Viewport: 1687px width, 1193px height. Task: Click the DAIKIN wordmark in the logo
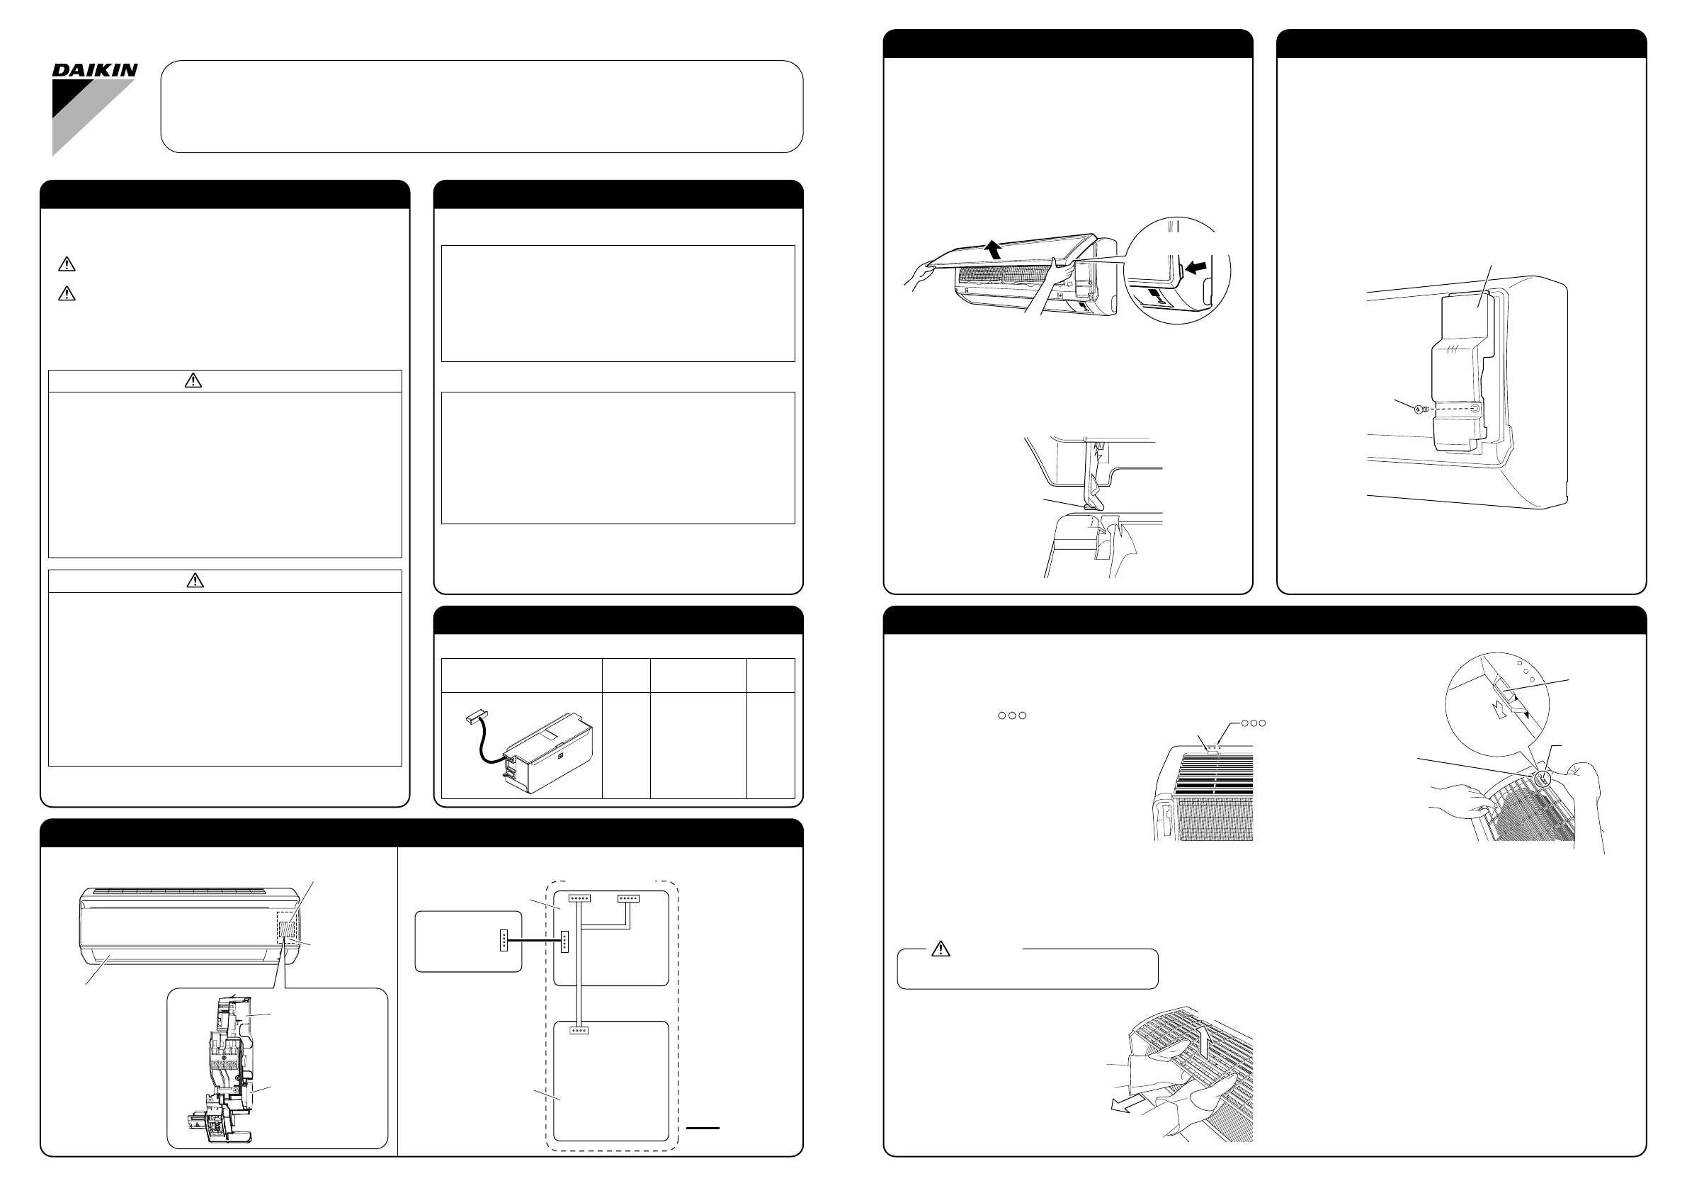95,71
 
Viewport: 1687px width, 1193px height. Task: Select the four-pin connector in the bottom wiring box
579,1030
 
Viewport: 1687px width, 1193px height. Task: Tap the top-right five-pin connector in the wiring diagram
628,898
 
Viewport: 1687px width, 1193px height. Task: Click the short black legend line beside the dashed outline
703,1128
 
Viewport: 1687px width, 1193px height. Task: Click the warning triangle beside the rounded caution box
940,949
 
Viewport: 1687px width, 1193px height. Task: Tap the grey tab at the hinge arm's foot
1088,506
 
